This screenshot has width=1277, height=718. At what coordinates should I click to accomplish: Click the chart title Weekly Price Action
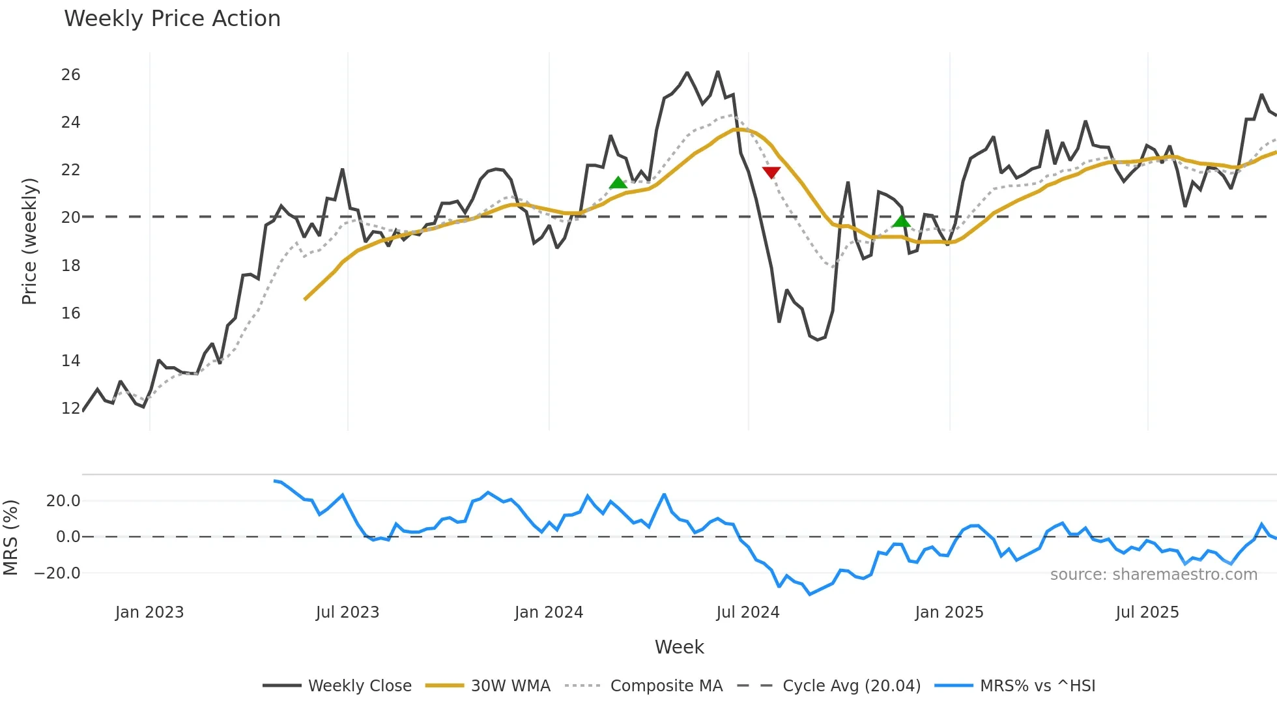[172, 19]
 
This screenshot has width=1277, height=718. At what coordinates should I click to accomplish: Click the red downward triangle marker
[771, 173]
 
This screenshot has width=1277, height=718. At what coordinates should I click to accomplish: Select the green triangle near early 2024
[618, 183]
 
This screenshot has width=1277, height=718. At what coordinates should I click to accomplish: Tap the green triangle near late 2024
[901, 222]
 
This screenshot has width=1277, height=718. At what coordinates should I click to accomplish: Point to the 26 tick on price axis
[70, 75]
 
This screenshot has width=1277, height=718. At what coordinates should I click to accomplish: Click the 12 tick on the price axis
[70, 409]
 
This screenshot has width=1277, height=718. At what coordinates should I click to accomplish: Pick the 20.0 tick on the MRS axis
[63, 501]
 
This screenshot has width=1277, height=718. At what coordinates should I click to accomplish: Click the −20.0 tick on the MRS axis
[57, 573]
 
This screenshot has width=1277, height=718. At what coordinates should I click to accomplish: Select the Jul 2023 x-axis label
[347, 612]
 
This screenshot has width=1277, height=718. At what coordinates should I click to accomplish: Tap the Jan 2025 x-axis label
[949, 612]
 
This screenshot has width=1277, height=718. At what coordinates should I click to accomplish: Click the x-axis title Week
[679, 647]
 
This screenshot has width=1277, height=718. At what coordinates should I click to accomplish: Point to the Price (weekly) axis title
[29, 242]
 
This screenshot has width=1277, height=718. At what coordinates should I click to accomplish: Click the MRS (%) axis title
[10, 538]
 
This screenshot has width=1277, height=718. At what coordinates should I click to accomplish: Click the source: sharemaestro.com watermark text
[1153, 575]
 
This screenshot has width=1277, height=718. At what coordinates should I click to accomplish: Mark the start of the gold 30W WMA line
[305, 299]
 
